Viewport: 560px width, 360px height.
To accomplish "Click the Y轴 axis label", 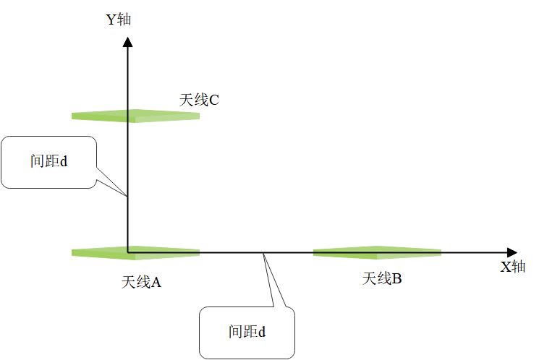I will tap(119, 20).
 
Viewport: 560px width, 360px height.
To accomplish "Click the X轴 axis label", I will tap(513, 267).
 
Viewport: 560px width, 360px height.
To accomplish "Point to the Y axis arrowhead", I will tap(128, 41).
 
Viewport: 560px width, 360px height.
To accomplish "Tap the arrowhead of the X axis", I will tap(512, 252).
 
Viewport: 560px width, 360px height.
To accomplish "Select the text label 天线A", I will tap(141, 282).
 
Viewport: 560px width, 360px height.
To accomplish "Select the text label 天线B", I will tap(382, 278).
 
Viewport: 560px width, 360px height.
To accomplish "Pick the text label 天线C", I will tap(199, 100).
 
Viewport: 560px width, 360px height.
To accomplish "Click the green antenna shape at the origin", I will tap(135, 252).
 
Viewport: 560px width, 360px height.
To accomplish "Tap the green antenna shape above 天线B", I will tap(377, 252).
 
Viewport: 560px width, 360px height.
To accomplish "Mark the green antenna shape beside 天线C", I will tap(135, 115).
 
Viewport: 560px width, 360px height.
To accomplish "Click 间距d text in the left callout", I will tap(48, 161).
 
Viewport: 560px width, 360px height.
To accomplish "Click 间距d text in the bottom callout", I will tap(247, 332).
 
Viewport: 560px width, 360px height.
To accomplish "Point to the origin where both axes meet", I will tap(128, 252).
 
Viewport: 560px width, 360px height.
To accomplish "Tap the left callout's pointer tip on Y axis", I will tap(128, 196).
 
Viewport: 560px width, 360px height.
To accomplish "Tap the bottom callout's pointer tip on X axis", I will tap(263, 253).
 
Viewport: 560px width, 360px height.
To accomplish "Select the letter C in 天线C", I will tap(213, 100).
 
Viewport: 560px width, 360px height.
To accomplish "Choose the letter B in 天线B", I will tap(396, 278).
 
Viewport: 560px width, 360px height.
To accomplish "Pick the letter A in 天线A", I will tap(156, 282).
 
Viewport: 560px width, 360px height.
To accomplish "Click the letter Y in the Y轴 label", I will tap(111, 20).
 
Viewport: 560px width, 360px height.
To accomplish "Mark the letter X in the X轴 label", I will tap(506, 267).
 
